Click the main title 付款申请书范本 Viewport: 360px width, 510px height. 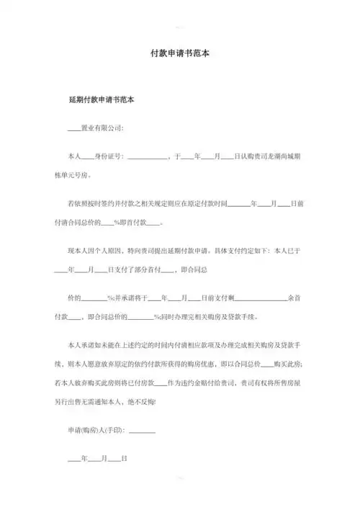(179, 53)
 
